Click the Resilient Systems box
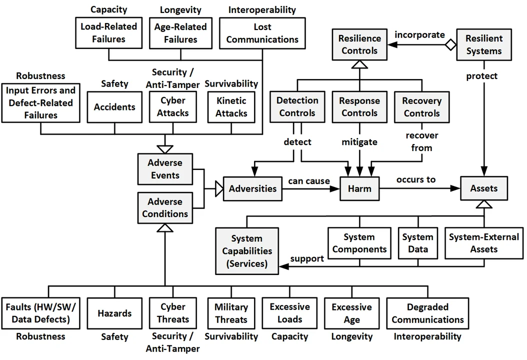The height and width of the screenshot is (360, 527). [x=483, y=44]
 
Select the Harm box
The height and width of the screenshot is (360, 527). [x=359, y=188]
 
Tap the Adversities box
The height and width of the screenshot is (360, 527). [x=252, y=188]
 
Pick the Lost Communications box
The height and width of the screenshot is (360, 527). [x=262, y=33]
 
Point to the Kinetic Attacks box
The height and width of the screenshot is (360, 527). [x=231, y=107]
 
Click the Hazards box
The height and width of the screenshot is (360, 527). [x=114, y=313]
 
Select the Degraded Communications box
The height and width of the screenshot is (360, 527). [x=427, y=313]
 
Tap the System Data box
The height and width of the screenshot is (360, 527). [x=417, y=243]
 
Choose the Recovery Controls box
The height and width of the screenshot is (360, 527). [x=421, y=107]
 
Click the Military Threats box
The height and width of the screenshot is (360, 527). [x=231, y=313]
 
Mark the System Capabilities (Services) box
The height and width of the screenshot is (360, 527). [x=247, y=250]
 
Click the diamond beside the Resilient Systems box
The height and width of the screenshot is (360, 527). [x=451, y=45]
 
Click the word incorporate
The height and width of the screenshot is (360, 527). [x=419, y=34]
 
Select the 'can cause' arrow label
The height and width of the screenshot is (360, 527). [x=308, y=180]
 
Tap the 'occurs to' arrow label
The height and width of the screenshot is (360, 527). [x=416, y=179]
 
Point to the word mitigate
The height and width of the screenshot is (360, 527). [x=359, y=142]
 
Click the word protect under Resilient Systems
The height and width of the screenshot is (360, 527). [x=482, y=76]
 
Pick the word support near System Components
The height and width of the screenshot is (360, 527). [x=307, y=258]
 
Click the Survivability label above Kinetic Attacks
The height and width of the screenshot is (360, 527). [x=231, y=83]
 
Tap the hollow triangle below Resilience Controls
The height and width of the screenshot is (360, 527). [x=359, y=63]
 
